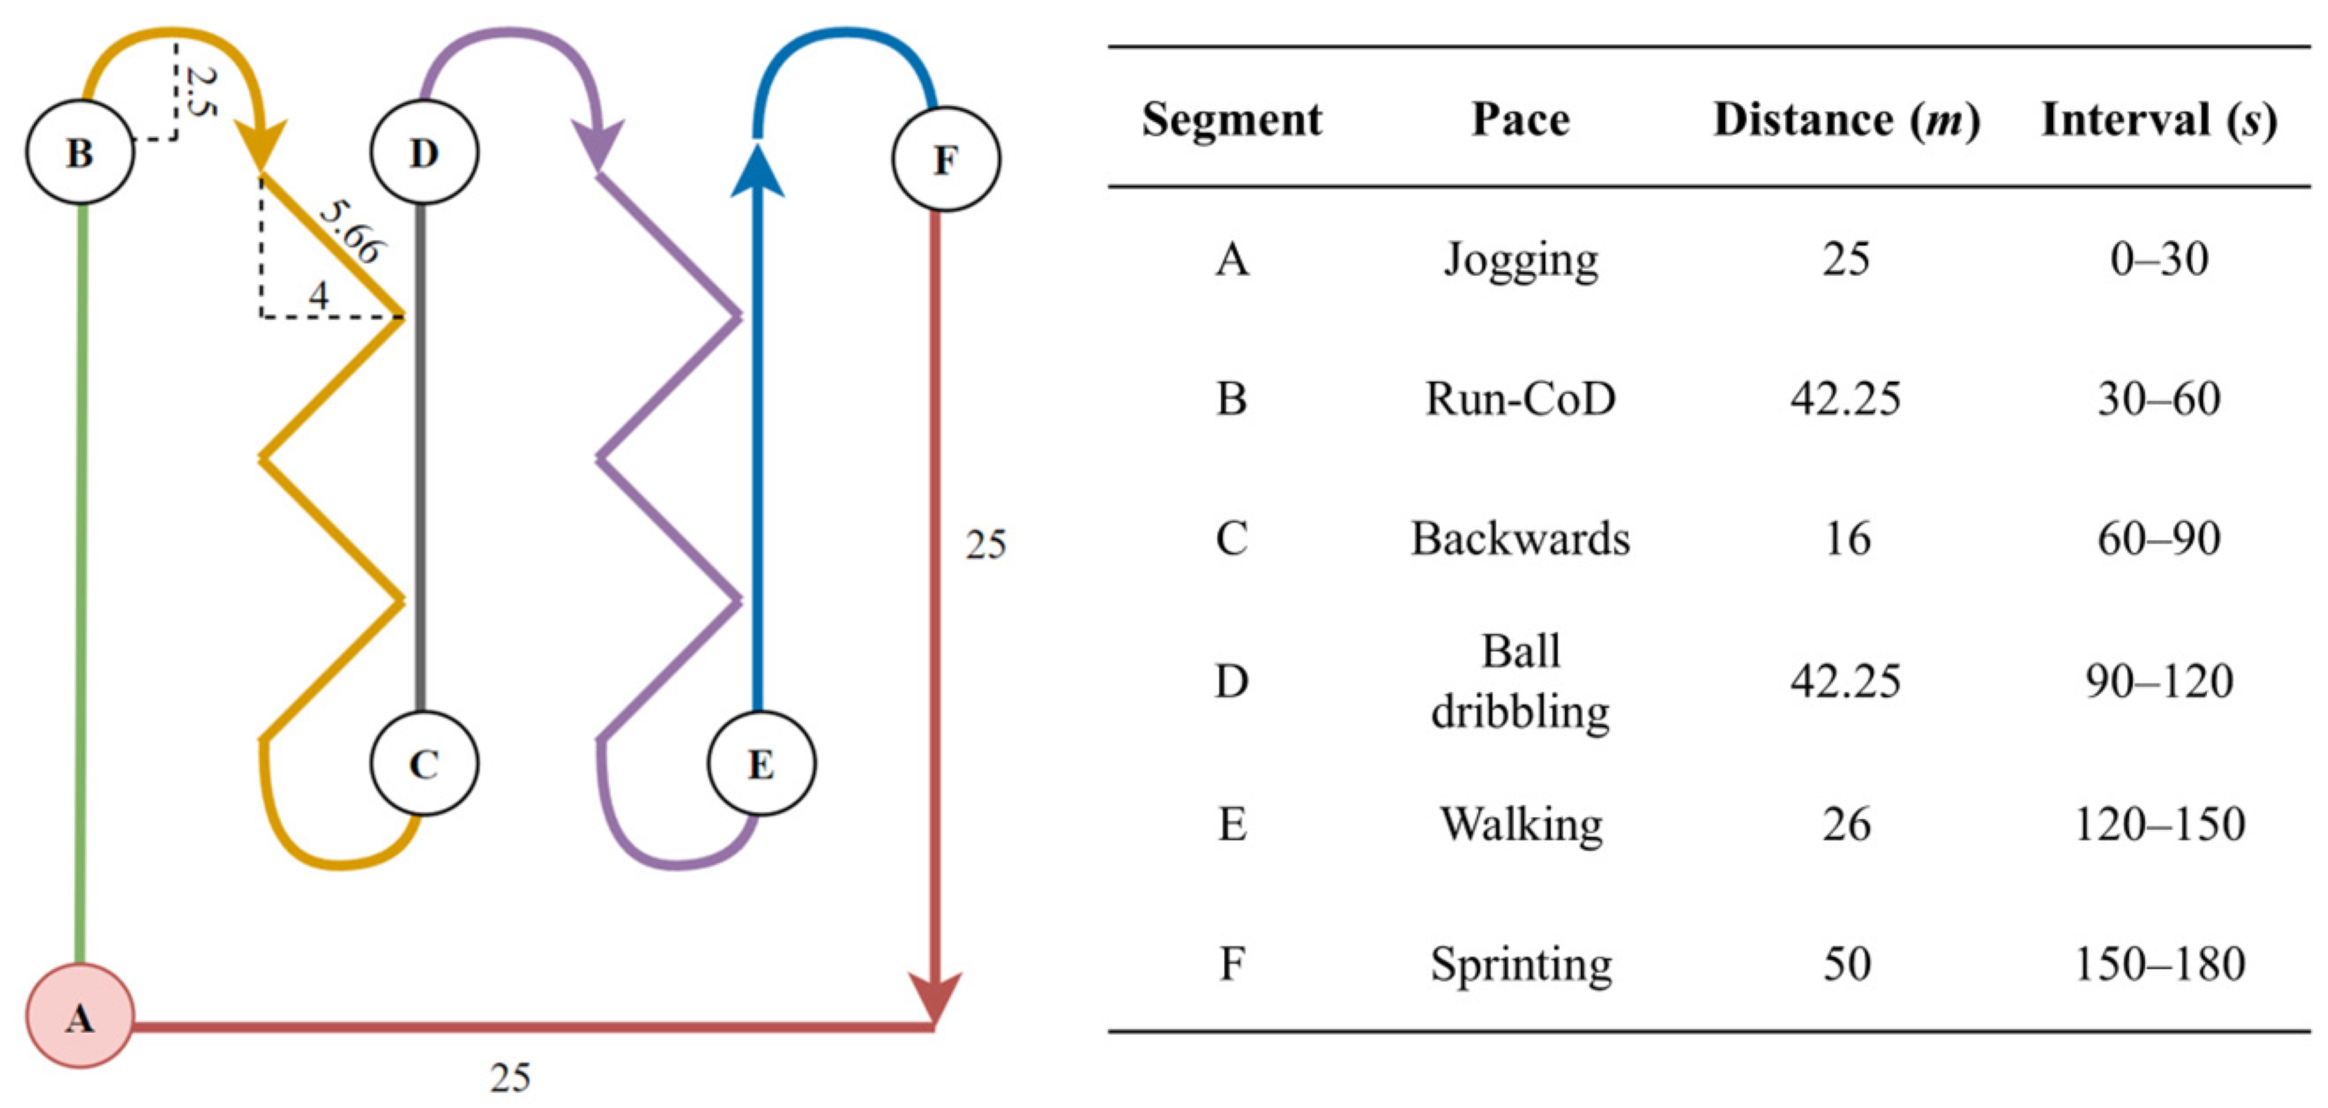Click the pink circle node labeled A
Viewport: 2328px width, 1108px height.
click(80, 1015)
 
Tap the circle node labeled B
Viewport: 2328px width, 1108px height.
click(80, 152)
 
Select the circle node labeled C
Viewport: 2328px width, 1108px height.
click(424, 763)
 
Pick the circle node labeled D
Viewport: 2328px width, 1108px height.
click(424, 152)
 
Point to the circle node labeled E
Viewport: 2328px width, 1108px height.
click(760, 763)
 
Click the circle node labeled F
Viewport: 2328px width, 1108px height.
click(945, 158)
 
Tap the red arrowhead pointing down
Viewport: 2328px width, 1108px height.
click(934, 996)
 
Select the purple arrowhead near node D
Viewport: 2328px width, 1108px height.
click(599, 146)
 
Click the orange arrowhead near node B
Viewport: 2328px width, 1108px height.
click(261, 146)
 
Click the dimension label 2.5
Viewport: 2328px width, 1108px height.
click(199, 91)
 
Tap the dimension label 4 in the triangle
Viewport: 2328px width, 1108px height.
click(319, 296)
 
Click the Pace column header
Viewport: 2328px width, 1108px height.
click(1519, 119)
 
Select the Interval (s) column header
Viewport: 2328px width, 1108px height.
click(2157, 119)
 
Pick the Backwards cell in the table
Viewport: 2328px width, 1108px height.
click(1519, 539)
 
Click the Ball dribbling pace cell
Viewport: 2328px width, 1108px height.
click(1519, 681)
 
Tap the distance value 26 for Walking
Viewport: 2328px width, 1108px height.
click(1846, 824)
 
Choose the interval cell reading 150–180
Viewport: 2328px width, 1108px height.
click(2157, 963)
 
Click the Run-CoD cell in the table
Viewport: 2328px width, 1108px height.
click(1519, 398)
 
